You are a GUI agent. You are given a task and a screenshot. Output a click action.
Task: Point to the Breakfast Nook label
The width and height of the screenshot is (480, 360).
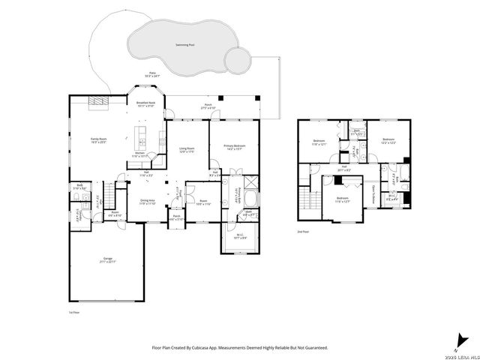(145, 103)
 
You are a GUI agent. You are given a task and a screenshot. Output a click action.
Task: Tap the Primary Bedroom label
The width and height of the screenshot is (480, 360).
(234, 145)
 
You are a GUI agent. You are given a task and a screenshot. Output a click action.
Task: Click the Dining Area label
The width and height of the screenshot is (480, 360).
(148, 200)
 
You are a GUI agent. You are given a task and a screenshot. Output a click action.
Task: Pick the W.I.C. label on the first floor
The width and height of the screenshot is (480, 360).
(239, 236)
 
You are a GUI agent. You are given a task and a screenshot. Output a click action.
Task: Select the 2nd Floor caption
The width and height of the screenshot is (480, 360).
(301, 232)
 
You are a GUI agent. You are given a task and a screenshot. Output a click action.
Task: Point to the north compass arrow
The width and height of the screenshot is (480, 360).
(457, 337)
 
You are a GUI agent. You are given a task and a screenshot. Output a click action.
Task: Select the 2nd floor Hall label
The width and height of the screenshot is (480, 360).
(344, 169)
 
